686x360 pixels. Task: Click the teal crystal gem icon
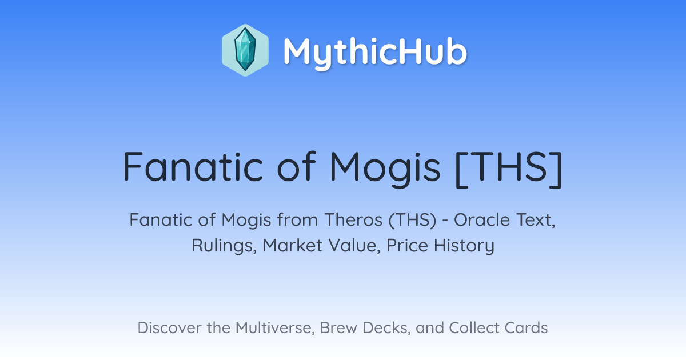pos(245,50)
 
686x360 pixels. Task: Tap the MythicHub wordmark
pos(375,52)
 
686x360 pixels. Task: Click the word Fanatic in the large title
pos(193,167)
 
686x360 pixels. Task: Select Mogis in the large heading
pos(385,169)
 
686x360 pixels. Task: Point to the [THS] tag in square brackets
pos(509,169)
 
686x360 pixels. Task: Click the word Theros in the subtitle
pos(353,220)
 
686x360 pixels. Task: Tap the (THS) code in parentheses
pos(412,221)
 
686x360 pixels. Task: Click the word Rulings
pos(224,246)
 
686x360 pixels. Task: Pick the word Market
pos(293,246)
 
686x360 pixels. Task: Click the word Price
pos(407,246)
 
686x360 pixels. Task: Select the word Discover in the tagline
pos(169,327)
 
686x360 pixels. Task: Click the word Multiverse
pos(276,328)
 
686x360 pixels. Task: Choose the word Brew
pos(338,327)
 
